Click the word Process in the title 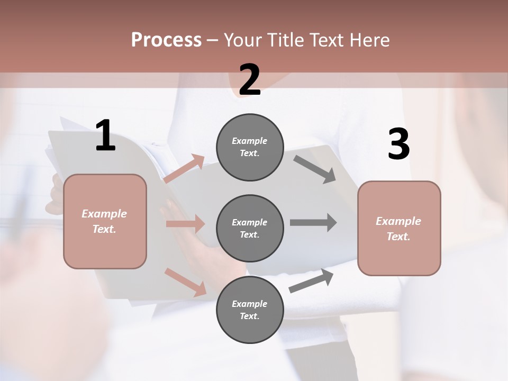166,40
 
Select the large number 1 105,136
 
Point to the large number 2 250,79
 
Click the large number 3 398,144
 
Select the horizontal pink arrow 185,224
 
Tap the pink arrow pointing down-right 185,282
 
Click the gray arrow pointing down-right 315,169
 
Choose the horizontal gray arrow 313,222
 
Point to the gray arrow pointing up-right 311,280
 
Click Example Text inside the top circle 250,147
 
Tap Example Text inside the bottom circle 250,310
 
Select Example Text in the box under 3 398,229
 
